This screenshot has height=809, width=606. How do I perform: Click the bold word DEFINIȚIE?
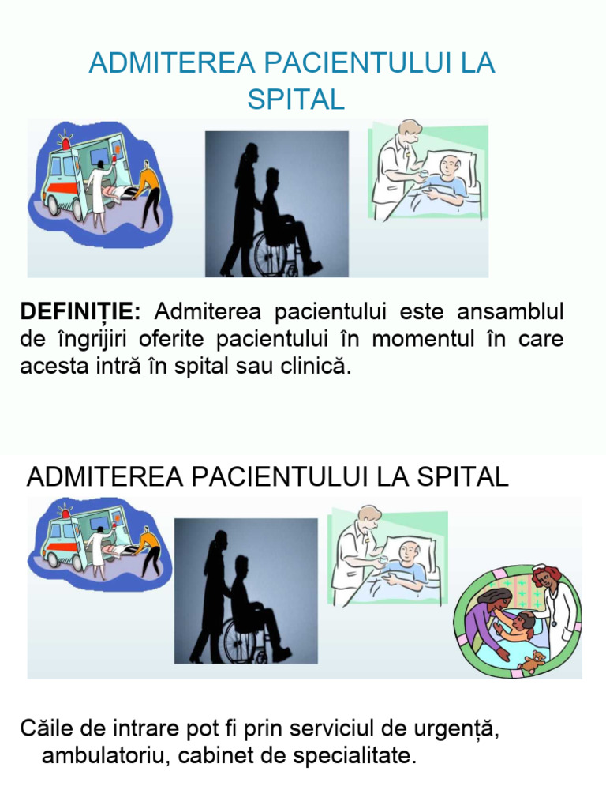[x=80, y=312]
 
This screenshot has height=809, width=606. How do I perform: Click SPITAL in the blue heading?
[x=296, y=100]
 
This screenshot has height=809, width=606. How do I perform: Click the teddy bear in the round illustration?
[x=533, y=660]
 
